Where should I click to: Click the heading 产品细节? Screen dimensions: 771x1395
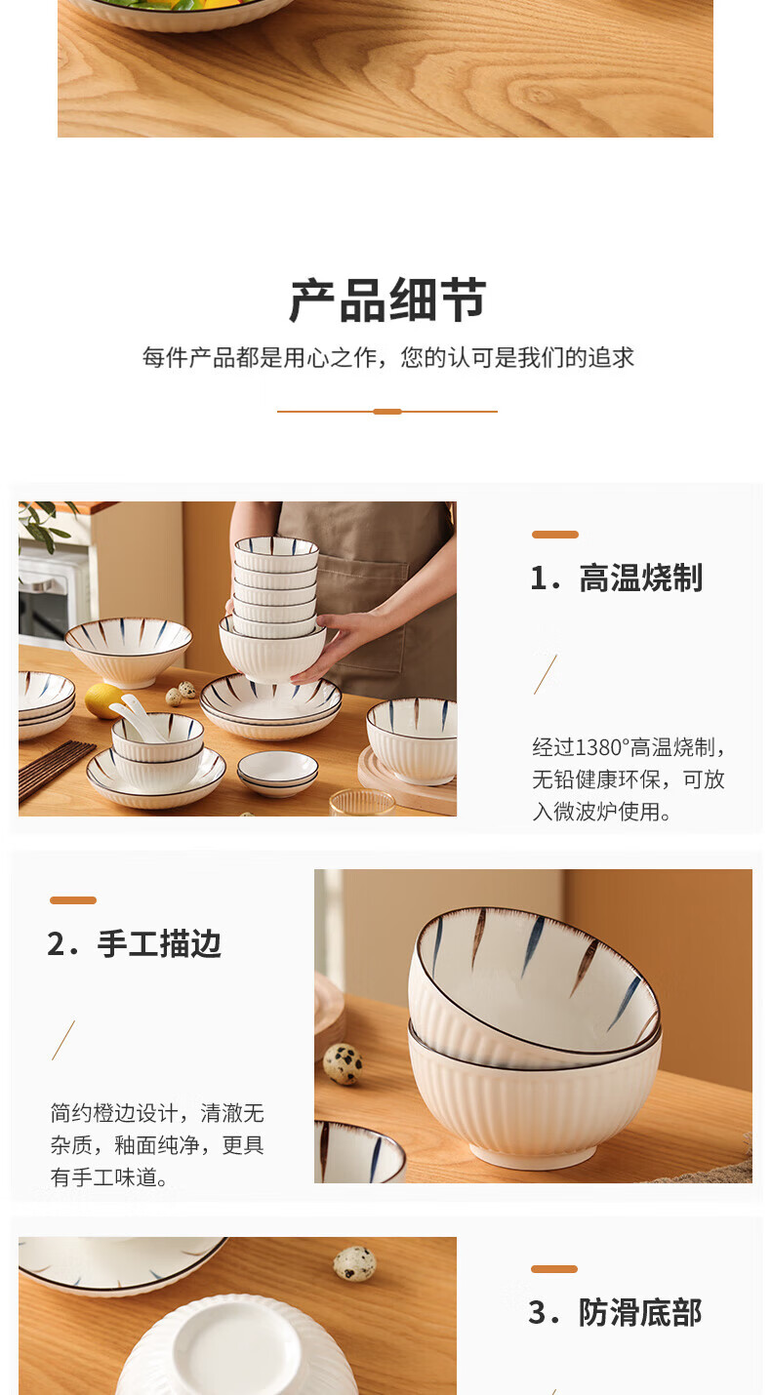coord(387,300)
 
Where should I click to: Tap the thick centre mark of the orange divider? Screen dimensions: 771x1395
coord(387,412)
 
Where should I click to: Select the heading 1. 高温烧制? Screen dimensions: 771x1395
coord(616,578)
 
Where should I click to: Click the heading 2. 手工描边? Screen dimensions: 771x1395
coord(134,943)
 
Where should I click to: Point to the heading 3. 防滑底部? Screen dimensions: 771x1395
coord(615,1312)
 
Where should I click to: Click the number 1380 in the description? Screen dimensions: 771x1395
coord(599,746)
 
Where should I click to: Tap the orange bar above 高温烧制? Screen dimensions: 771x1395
coord(554,535)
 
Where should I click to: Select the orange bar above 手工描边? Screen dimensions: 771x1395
coord(73,899)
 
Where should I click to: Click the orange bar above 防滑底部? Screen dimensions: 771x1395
coord(554,1268)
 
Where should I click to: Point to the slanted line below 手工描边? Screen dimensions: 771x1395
coord(63,1040)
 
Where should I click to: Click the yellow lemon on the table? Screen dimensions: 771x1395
coord(102,700)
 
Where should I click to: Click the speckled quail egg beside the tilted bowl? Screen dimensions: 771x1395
coord(343,1064)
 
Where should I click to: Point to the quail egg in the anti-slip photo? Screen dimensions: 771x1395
coord(354,1263)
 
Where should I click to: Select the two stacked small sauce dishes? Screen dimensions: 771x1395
coord(277,773)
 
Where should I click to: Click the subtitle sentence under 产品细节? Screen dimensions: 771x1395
coord(387,357)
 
